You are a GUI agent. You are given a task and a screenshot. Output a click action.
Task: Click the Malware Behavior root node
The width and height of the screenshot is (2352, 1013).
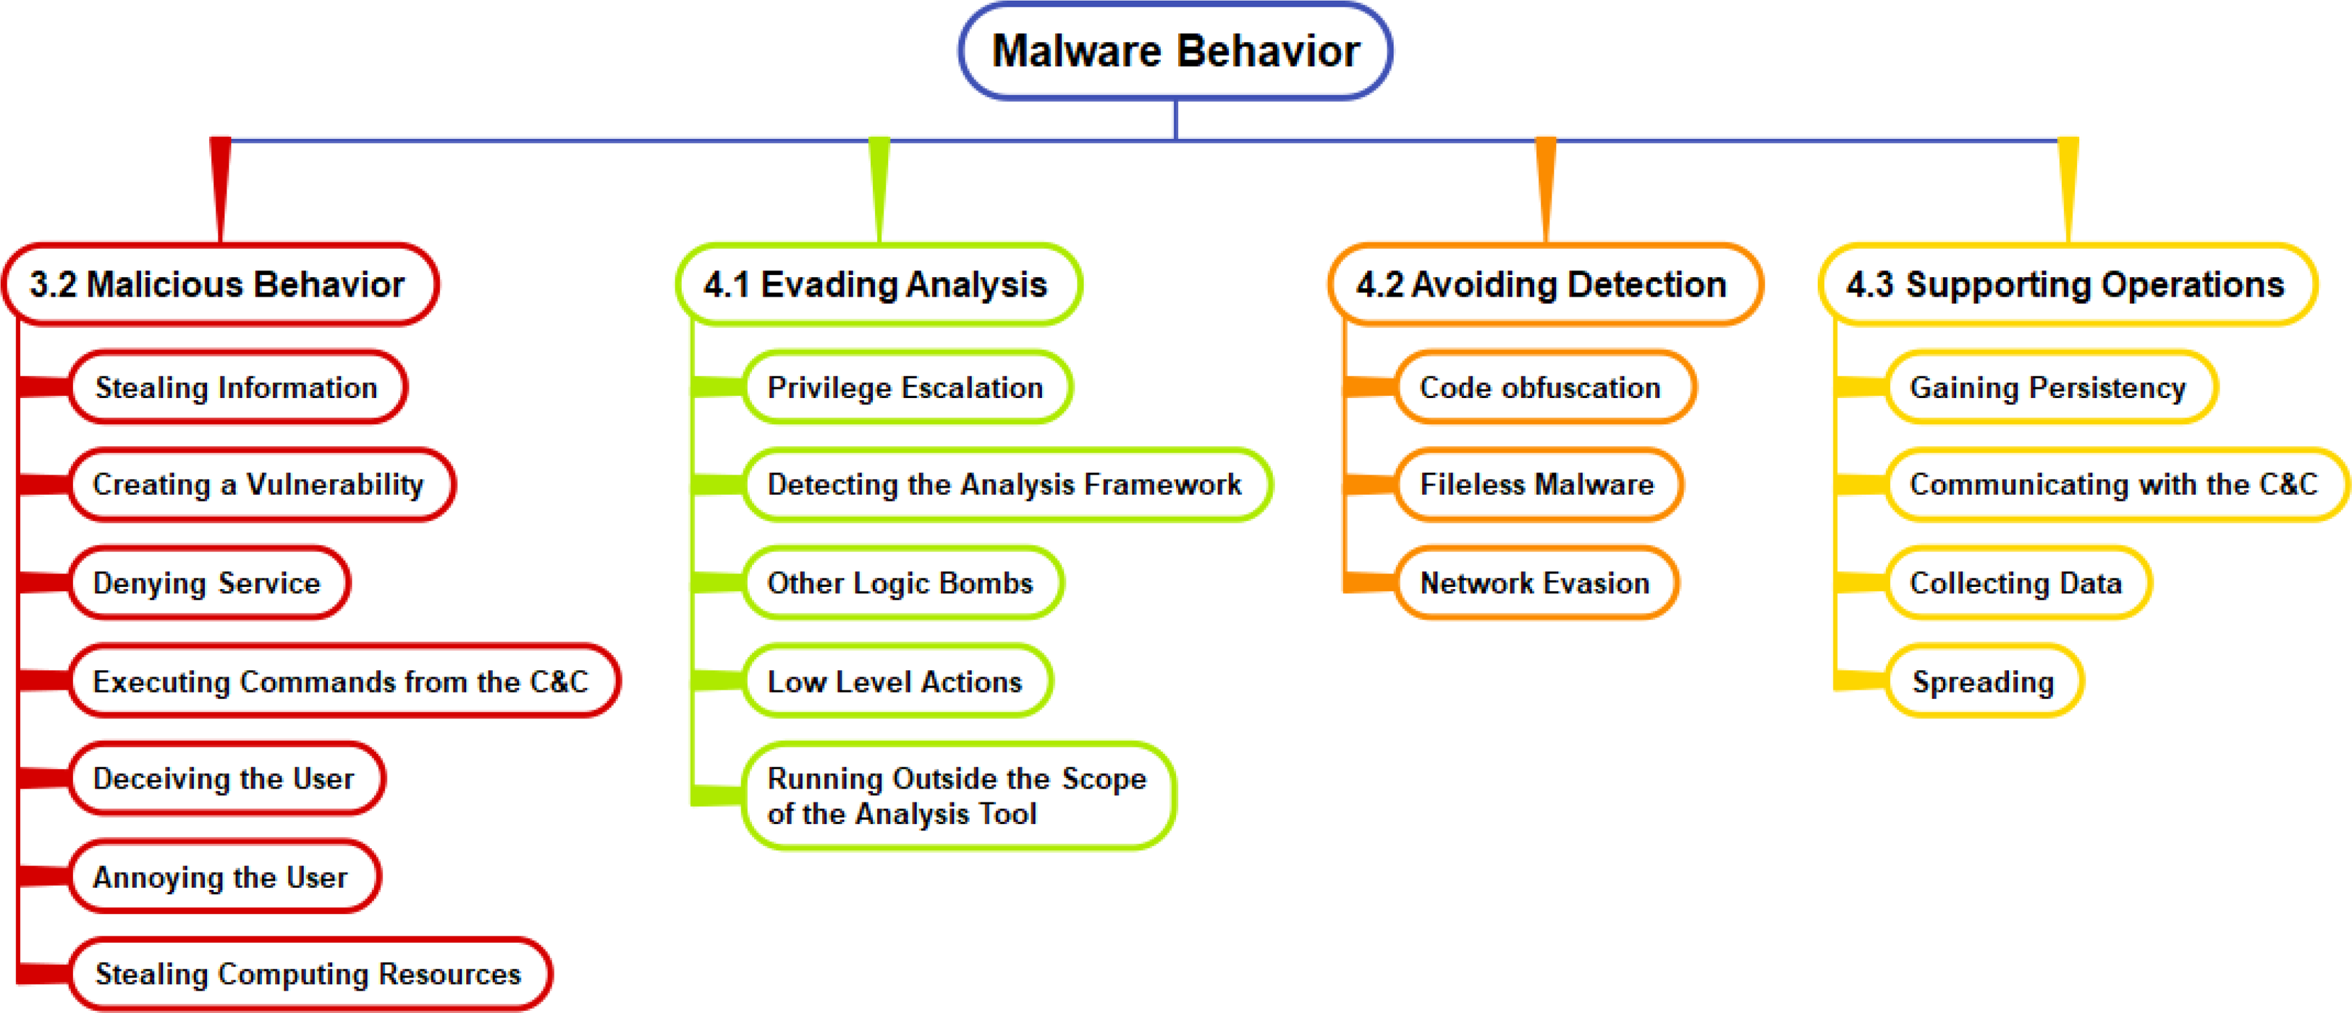click(1175, 51)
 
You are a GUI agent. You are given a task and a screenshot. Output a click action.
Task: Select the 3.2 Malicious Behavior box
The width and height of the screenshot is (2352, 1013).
click(221, 284)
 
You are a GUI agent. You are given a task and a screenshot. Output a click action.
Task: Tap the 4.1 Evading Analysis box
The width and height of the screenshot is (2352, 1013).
click(879, 284)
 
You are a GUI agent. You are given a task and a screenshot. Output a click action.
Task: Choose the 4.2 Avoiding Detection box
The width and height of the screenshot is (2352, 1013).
click(1546, 284)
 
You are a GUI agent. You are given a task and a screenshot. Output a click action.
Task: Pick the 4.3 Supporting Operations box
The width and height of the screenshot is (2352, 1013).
click(2068, 284)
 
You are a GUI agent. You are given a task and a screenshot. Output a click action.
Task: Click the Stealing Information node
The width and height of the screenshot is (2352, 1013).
click(237, 387)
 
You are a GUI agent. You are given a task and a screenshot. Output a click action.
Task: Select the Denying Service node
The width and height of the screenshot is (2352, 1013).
click(209, 582)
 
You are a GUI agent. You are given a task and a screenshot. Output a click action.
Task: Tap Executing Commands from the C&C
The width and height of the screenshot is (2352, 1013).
click(344, 681)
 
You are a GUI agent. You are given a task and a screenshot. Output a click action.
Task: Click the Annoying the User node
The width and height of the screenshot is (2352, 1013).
click(224, 876)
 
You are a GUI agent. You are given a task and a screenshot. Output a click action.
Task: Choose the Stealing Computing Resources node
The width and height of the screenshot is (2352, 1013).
click(310, 974)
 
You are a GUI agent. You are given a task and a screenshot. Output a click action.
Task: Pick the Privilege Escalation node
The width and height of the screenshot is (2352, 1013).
click(908, 387)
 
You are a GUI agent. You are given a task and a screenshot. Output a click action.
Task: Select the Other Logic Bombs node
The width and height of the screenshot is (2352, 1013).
click(903, 582)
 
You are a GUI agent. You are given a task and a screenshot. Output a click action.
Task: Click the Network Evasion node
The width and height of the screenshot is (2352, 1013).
click(1536, 582)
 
